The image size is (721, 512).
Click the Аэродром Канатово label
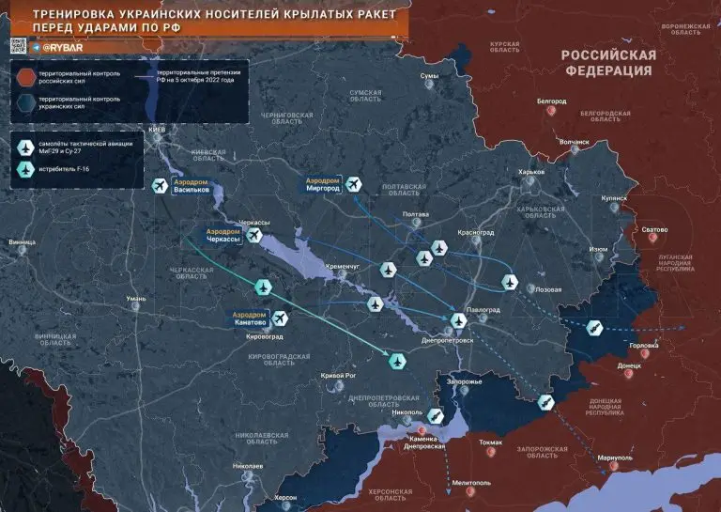click(x=249, y=318)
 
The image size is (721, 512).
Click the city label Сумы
click(x=429, y=75)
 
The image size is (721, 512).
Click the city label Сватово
click(x=653, y=229)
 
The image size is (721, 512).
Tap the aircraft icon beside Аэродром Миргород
click(x=353, y=184)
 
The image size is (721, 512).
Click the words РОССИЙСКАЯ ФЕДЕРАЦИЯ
click(x=607, y=62)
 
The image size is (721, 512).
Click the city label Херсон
click(x=286, y=496)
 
